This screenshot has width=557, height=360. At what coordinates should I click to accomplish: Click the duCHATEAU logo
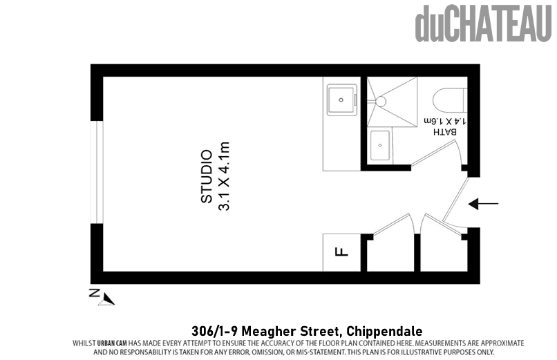(484, 23)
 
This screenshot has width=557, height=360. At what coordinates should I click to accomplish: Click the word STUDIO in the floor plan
(207, 176)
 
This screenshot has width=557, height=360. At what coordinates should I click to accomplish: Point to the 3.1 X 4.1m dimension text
(224, 176)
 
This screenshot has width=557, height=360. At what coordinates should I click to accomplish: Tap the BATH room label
(444, 132)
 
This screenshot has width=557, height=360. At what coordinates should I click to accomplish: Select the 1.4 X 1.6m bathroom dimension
(445, 121)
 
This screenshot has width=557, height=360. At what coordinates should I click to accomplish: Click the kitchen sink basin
(341, 100)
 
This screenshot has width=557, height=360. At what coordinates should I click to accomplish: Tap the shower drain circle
(381, 102)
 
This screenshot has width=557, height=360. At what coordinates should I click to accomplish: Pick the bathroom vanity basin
(380, 145)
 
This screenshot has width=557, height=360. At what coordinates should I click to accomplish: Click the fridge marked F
(341, 252)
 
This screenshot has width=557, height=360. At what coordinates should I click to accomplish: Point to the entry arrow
(483, 204)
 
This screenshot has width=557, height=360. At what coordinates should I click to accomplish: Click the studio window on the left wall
(97, 172)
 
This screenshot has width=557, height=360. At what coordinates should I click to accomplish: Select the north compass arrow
(107, 299)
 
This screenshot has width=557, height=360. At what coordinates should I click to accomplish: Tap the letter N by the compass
(95, 293)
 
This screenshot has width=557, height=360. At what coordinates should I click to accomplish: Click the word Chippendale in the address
(384, 331)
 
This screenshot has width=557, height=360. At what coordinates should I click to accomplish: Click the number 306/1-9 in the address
(214, 331)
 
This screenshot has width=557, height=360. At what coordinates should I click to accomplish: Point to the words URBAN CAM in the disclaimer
(112, 343)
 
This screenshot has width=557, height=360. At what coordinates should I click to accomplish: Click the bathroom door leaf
(433, 153)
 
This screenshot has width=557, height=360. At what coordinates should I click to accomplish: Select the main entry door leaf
(457, 199)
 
